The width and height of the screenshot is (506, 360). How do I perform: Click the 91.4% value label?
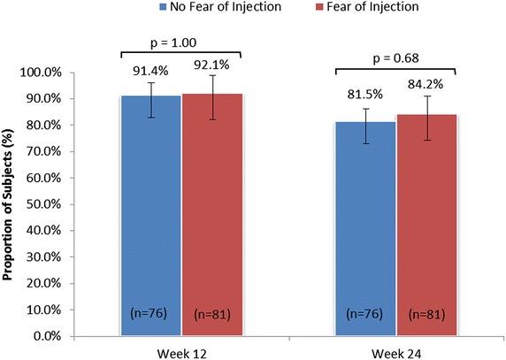(x=150, y=71)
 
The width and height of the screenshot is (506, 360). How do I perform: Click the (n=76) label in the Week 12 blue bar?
(x=150, y=312)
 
